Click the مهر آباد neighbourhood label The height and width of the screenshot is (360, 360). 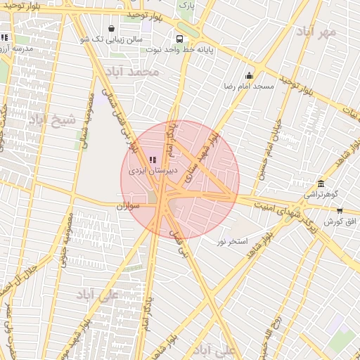tap(316, 32)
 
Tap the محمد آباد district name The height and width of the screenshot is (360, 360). tap(131, 72)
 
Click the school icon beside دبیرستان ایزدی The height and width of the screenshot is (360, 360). tap(154, 160)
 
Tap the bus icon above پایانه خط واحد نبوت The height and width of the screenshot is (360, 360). tap(180, 39)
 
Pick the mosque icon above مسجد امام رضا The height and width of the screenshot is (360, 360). tap(248, 76)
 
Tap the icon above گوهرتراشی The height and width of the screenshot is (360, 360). tap(321, 184)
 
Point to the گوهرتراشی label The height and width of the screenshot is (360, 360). tap(321, 193)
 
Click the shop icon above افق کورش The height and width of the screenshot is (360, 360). tap(340, 210)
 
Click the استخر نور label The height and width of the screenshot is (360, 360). tap(232, 241)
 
